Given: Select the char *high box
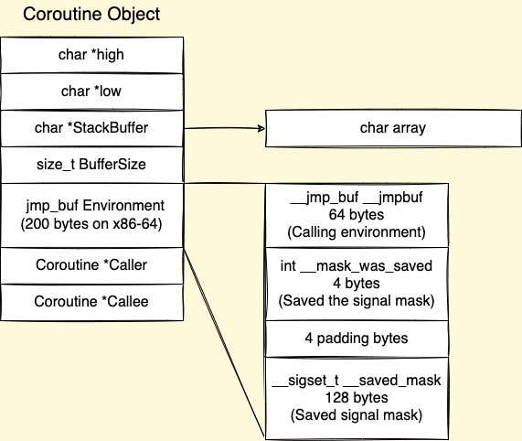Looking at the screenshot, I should [x=91, y=55].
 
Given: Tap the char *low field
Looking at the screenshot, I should [x=91, y=91].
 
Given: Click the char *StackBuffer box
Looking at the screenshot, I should [x=91, y=128].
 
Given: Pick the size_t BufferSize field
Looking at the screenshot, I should [x=91, y=165].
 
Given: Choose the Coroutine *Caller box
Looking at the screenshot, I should [x=91, y=265].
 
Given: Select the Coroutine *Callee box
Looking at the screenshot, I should [x=91, y=301].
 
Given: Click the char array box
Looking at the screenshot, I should [x=392, y=128].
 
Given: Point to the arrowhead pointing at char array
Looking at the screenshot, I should [x=261, y=130].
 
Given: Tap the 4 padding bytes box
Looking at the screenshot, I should [x=357, y=338].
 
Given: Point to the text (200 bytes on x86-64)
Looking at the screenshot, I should [x=91, y=223].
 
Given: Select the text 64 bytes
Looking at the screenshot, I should [x=356, y=215].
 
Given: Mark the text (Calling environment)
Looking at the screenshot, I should [x=356, y=231].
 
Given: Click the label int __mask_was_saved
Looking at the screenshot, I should [x=356, y=265].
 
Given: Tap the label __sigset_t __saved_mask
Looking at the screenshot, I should [x=356, y=381].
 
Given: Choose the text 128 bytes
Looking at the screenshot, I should [x=356, y=397].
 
